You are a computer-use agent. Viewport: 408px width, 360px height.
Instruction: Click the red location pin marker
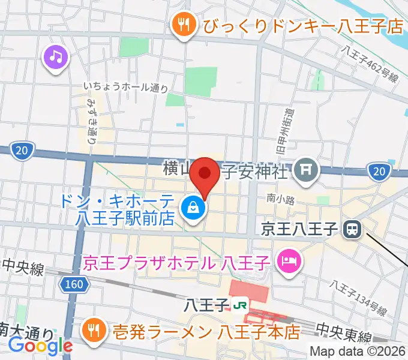(205, 175)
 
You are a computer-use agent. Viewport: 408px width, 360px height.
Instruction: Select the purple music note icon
(56, 57)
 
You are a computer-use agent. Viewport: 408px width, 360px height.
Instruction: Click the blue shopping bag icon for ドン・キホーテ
(194, 209)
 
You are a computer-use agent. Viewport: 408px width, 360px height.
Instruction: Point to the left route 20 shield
(22, 149)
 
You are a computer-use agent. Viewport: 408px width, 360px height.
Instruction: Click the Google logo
(40, 346)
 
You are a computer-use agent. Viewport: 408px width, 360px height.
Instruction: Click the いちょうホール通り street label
(127, 88)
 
